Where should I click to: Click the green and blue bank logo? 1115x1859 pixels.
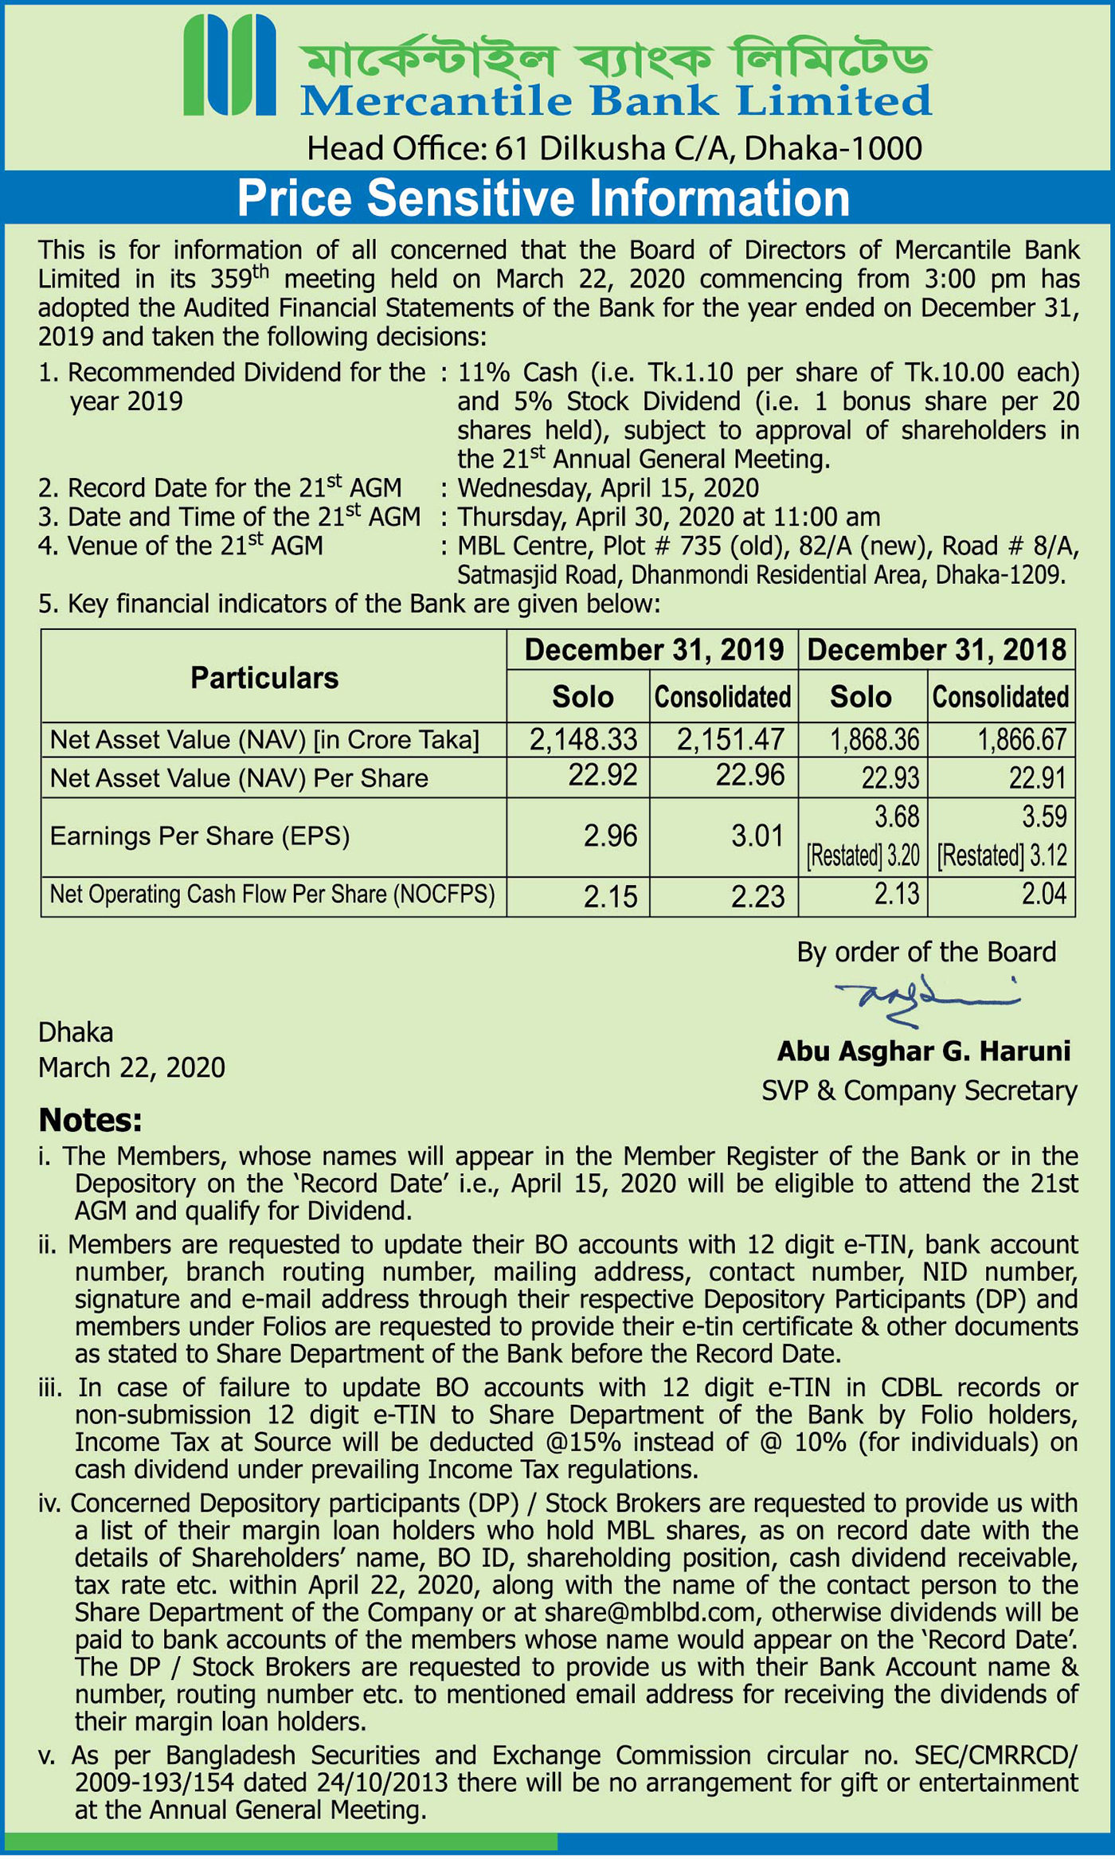tap(229, 66)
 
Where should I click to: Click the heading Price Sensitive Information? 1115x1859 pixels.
tap(543, 198)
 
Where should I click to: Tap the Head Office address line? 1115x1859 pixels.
tap(614, 148)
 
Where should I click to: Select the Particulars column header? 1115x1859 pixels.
tap(264, 678)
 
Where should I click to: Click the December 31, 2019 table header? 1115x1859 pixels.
tap(653, 650)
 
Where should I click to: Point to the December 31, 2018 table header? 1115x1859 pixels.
tap(937, 650)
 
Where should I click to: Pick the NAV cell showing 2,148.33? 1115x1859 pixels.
tap(584, 740)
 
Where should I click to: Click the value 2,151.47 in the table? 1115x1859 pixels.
tap(730, 740)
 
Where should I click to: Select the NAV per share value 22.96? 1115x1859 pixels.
tap(750, 775)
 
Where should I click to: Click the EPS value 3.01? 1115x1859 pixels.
tap(757, 836)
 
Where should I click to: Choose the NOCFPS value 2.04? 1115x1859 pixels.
tap(1043, 894)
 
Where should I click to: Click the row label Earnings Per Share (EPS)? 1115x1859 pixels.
tap(200, 836)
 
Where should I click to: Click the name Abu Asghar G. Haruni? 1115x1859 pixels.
tap(924, 1051)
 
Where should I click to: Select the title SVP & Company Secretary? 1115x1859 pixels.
tap(919, 1090)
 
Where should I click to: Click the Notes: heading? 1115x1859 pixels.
tap(90, 1121)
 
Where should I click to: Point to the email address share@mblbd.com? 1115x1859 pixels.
tap(650, 1613)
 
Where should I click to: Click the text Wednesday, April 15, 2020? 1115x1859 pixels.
tap(608, 488)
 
